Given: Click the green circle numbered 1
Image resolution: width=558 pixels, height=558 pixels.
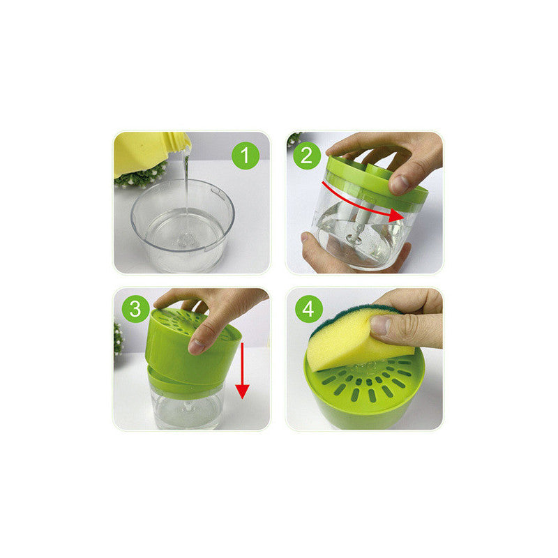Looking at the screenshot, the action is click(246, 156).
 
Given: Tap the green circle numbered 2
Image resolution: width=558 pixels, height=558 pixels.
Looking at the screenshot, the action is click(306, 156).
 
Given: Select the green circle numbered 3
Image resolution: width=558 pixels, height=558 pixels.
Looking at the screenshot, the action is click(135, 309).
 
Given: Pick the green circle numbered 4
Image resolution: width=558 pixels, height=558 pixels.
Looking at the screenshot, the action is click(309, 309).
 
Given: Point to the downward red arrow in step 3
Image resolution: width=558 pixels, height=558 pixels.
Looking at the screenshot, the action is click(242, 371).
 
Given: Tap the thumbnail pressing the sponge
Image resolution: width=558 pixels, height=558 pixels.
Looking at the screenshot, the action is click(379, 325).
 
